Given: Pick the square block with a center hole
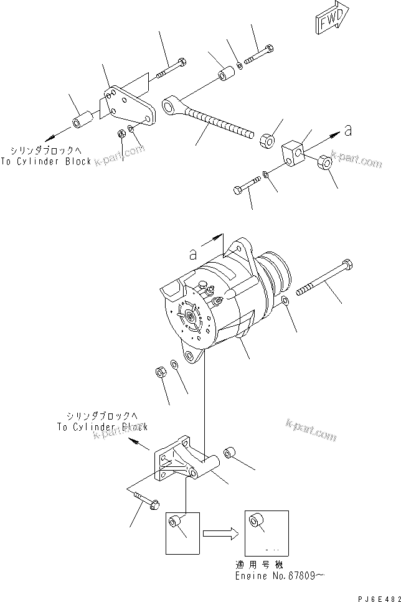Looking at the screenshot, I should point(294,153).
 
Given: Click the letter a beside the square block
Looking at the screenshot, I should point(348,131).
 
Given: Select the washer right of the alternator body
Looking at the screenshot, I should point(285,303).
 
